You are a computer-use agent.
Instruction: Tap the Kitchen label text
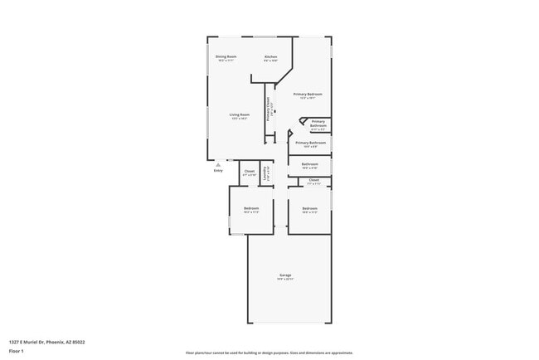270,56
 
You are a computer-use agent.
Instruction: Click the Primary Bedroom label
308,95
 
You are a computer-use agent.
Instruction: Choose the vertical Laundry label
265,174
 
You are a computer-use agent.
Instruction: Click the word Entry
218,171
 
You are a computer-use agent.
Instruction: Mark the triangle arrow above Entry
218,165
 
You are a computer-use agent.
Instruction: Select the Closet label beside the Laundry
249,172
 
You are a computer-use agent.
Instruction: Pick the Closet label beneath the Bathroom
313,180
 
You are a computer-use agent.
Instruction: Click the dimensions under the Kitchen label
270,61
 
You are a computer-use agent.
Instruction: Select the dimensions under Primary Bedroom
308,99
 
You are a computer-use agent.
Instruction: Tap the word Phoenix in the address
56,342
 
